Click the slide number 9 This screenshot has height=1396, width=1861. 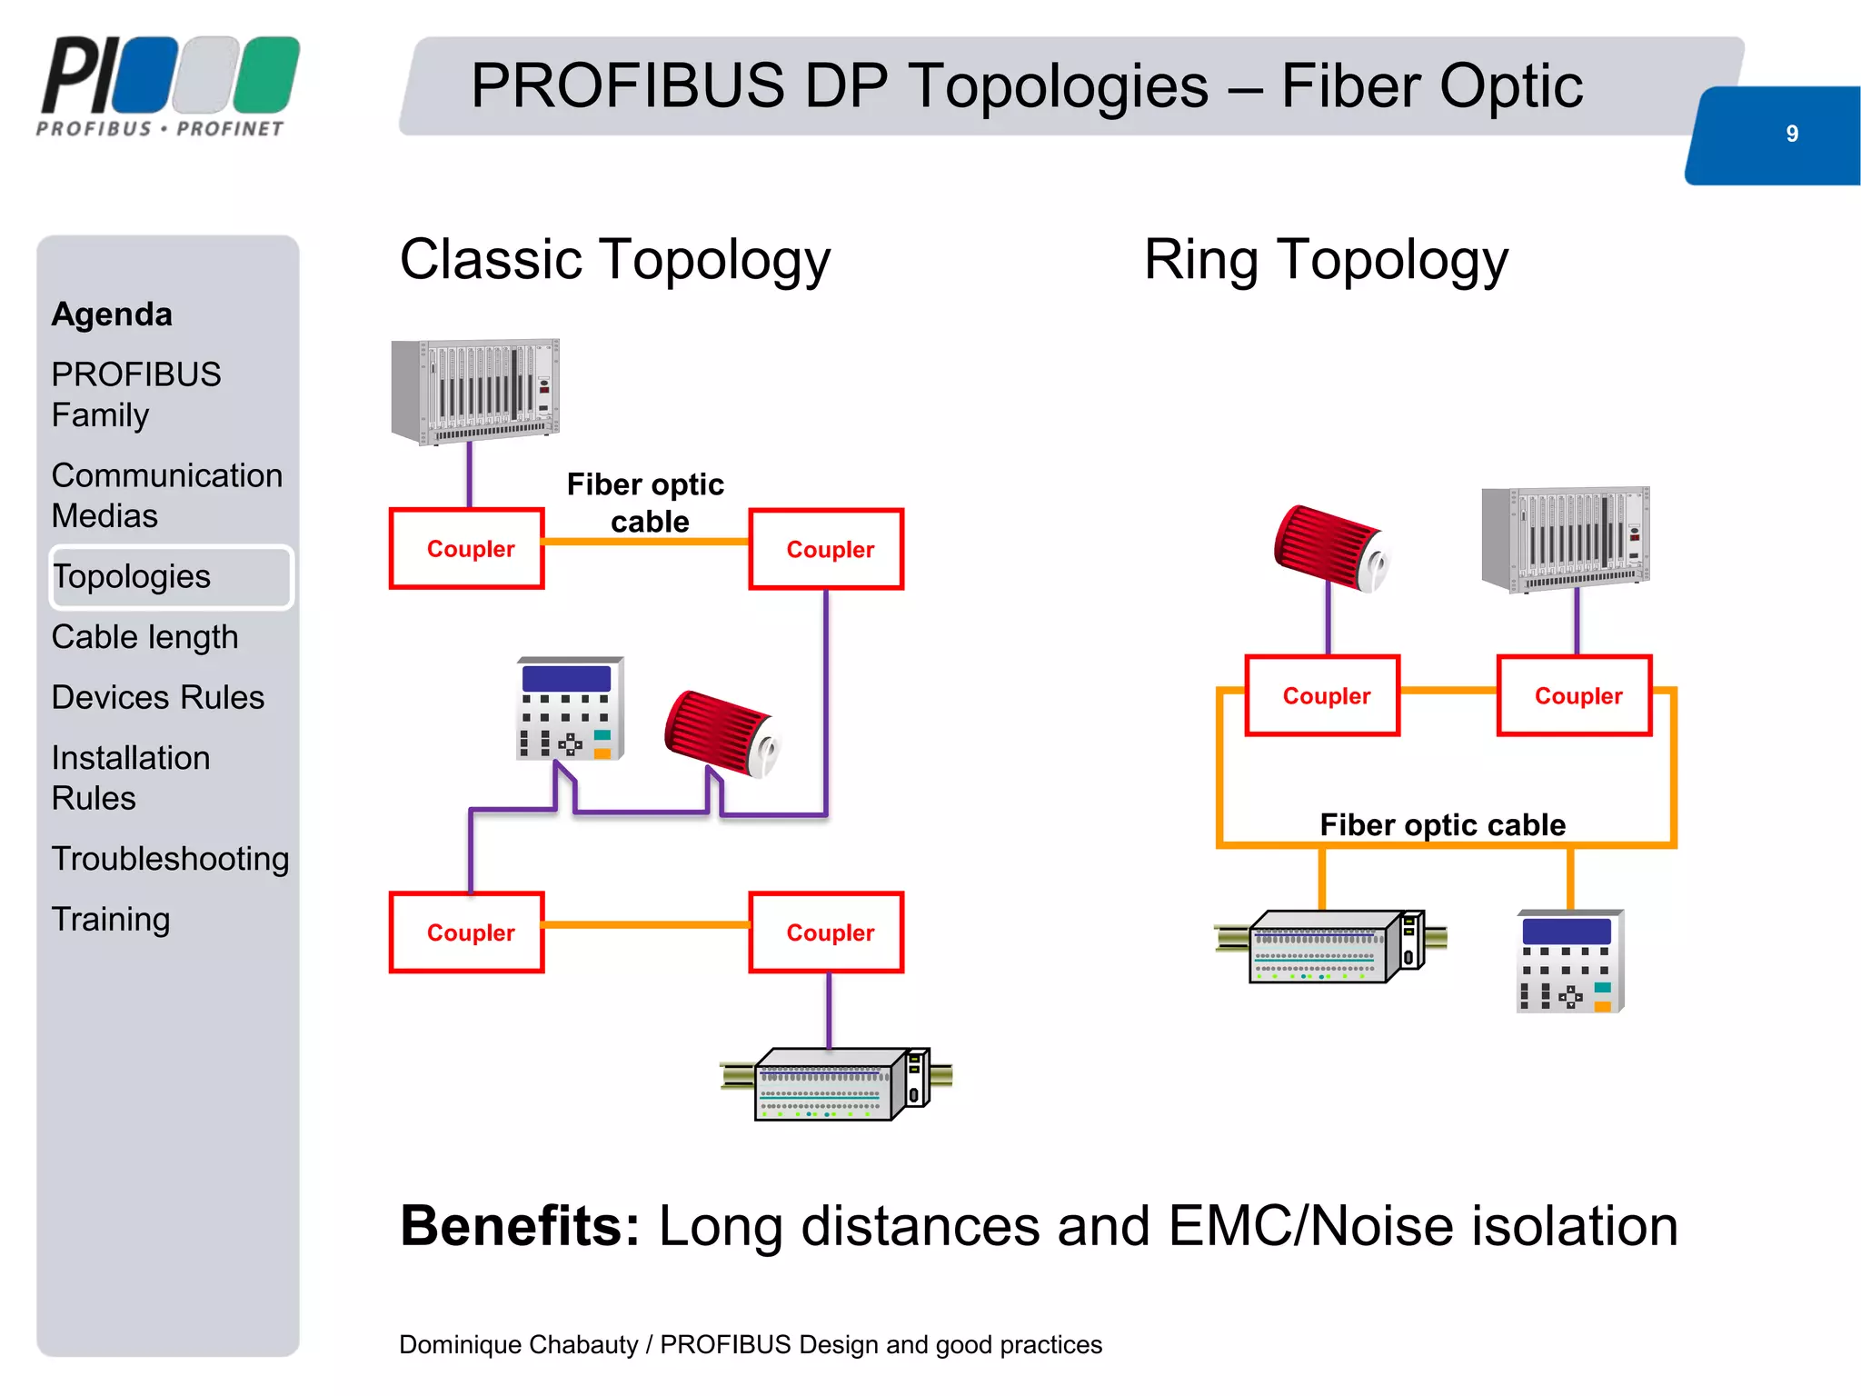click(x=1791, y=134)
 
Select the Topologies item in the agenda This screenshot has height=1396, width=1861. click(x=132, y=577)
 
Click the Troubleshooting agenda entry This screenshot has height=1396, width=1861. click(x=170, y=859)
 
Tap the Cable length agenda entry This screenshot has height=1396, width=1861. click(x=144, y=637)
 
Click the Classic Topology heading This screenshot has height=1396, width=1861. click(x=615, y=260)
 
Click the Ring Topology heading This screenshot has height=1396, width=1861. click(x=1326, y=260)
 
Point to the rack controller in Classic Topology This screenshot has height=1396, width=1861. click(x=475, y=391)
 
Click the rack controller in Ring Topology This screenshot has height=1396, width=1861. click(x=1566, y=538)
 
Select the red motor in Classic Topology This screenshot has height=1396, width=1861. click(x=722, y=733)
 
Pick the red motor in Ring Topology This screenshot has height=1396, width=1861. click(x=1331, y=548)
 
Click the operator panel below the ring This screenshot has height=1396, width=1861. click(x=1569, y=962)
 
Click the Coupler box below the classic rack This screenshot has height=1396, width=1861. click(x=467, y=549)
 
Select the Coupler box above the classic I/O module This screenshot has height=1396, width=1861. click(x=827, y=932)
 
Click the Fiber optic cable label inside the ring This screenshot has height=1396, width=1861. click(x=1442, y=824)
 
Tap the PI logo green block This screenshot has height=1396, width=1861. click(x=267, y=75)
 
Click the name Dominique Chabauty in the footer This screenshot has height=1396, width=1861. click(x=518, y=1344)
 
